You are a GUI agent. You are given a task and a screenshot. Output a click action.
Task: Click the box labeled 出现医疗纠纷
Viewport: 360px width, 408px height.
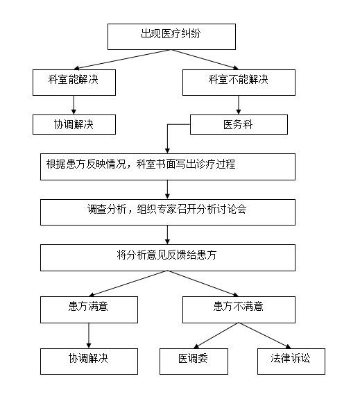pyautogui.click(x=171, y=37)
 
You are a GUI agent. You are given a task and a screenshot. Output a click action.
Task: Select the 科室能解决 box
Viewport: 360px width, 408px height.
pyautogui.click(x=74, y=82)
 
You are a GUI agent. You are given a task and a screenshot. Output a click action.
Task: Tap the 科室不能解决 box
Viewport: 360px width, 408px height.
pyautogui.click(x=239, y=82)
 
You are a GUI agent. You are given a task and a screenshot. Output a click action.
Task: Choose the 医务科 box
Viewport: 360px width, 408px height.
pyautogui.click(x=239, y=124)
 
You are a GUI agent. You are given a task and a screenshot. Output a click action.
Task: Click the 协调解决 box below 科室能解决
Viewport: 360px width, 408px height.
pyautogui.click(x=74, y=124)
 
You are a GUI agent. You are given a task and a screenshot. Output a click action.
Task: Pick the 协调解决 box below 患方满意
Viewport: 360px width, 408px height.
pyautogui.click(x=89, y=362)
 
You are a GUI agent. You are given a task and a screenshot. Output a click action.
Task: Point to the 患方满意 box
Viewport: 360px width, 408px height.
pyautogui.click(x=89, y=309)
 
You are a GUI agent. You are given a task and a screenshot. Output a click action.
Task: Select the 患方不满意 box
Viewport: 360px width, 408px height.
pyautogui.click(x=239, y=309)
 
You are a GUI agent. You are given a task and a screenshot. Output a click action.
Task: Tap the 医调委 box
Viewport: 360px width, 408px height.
pyautogui.click(x=194, y=362)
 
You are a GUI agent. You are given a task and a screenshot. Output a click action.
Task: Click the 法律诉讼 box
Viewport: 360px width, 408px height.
pyautogui.click(x=291, y=362)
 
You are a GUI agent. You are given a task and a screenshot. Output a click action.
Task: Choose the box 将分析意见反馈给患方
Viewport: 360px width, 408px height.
pyautogui.click(x=168, y=257)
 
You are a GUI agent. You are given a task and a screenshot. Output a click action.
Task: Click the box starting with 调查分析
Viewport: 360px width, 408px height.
pyautogui.click(x=168, y=212)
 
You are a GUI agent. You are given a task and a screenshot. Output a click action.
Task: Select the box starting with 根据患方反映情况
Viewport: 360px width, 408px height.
pyautogui.click(x=168, y=167)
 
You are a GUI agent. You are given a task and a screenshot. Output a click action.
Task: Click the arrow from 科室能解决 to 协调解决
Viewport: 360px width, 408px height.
pyautogui.click(x=74, y=105)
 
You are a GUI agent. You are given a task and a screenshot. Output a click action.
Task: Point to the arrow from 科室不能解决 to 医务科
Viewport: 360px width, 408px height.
pyautogui.click(x=239, y=105)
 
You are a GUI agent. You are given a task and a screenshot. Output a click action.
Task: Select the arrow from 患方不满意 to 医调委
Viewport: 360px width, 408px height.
pyautogui.click(x=216, y=336)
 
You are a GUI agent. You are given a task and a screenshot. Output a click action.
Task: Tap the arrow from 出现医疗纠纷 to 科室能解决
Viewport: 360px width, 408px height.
pyautogui.click(x=122, y=60)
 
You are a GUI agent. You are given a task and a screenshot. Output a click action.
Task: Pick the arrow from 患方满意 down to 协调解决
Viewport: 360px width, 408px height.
pyautogui.click(x=89, y=336)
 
